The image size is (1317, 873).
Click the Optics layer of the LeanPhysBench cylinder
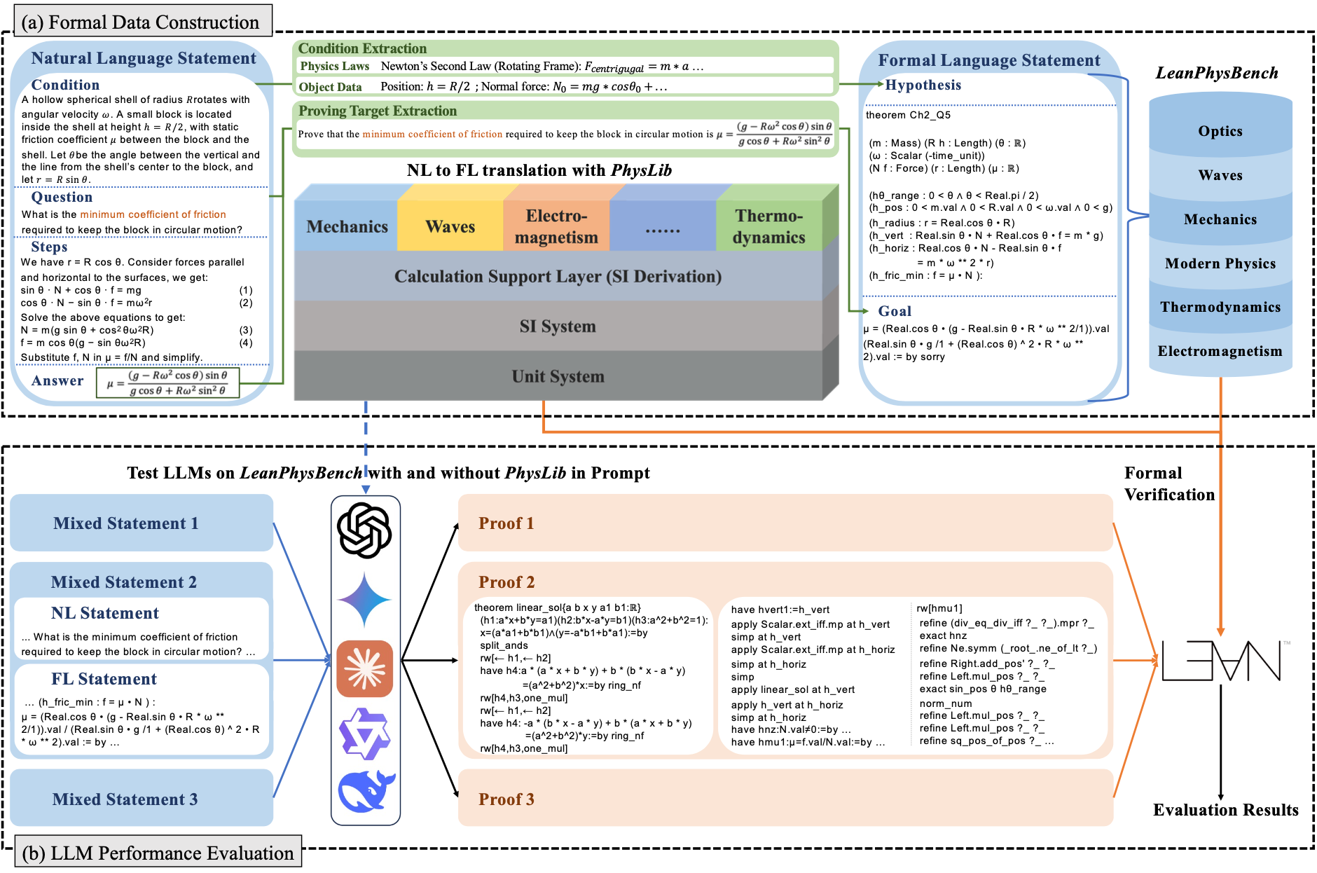click(x=1220, y=131)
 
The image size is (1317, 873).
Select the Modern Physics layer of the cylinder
click(x=1220, y=263)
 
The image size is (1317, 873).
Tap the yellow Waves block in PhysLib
click(x=450, y=226)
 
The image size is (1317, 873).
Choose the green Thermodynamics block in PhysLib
click(x=768, y=226)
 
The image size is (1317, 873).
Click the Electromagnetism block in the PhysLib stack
click(x=556, y=226)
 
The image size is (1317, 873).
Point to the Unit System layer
click(x=558, y=376)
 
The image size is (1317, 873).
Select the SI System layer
click(x=558, y=326)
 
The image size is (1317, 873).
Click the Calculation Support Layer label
click(x=558, y=276)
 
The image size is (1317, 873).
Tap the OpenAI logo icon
click(x=364, y=530)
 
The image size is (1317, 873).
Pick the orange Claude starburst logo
click(x=364, y=668)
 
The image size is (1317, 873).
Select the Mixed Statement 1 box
click(x=141, y=523)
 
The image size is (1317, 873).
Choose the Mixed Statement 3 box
click(x=141, y=799)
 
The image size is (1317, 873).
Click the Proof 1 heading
click(x=506, y=523)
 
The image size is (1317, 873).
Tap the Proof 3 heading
click(x=506, y=799)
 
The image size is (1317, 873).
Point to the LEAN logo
click(x=1221, y=660)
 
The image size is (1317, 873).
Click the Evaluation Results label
click(x=1225, y=810)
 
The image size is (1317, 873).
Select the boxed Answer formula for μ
click(x=168, y=383)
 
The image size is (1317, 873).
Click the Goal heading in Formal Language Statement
click(x=895, y=311)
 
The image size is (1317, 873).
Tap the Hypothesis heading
click(x=923, y=85)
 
